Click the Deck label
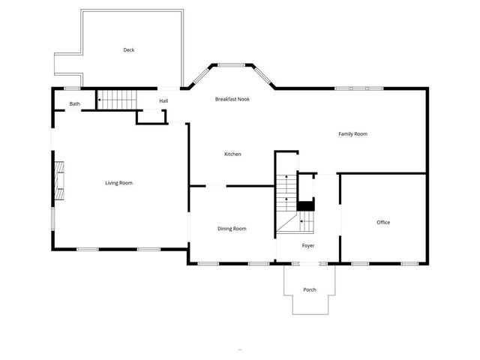point(129,50)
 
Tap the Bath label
point(75,103)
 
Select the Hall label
point(163,100)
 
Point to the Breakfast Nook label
point(232,99)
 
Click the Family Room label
point(352,133)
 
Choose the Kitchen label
point(232,154)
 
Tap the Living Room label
point(118,182)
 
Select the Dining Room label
point(232,228)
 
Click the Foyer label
point(308,245)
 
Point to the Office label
point(383,222)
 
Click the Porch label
point(309,289)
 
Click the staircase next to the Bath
point(118,99)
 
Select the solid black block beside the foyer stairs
point(306,205)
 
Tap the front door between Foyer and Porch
point(308,262)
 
